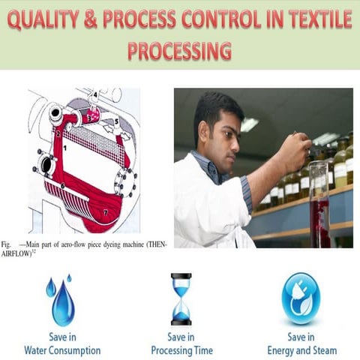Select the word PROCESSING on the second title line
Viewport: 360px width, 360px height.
click(x=179, y=50)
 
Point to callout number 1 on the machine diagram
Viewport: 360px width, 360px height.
click(x=65, y=148)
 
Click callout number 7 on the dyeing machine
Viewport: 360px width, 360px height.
click(x=106, y=212)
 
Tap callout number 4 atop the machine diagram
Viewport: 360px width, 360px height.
click(x=95, y=94)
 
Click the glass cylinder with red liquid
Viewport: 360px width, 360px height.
click(x=319, y=206)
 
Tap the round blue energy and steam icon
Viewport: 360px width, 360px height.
click(x=301, y=298)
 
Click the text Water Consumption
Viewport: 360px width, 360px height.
click(x=62, y=350)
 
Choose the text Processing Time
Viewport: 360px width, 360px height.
click(x=181, y=350)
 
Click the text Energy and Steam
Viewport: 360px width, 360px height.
click(x=301, y=350)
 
